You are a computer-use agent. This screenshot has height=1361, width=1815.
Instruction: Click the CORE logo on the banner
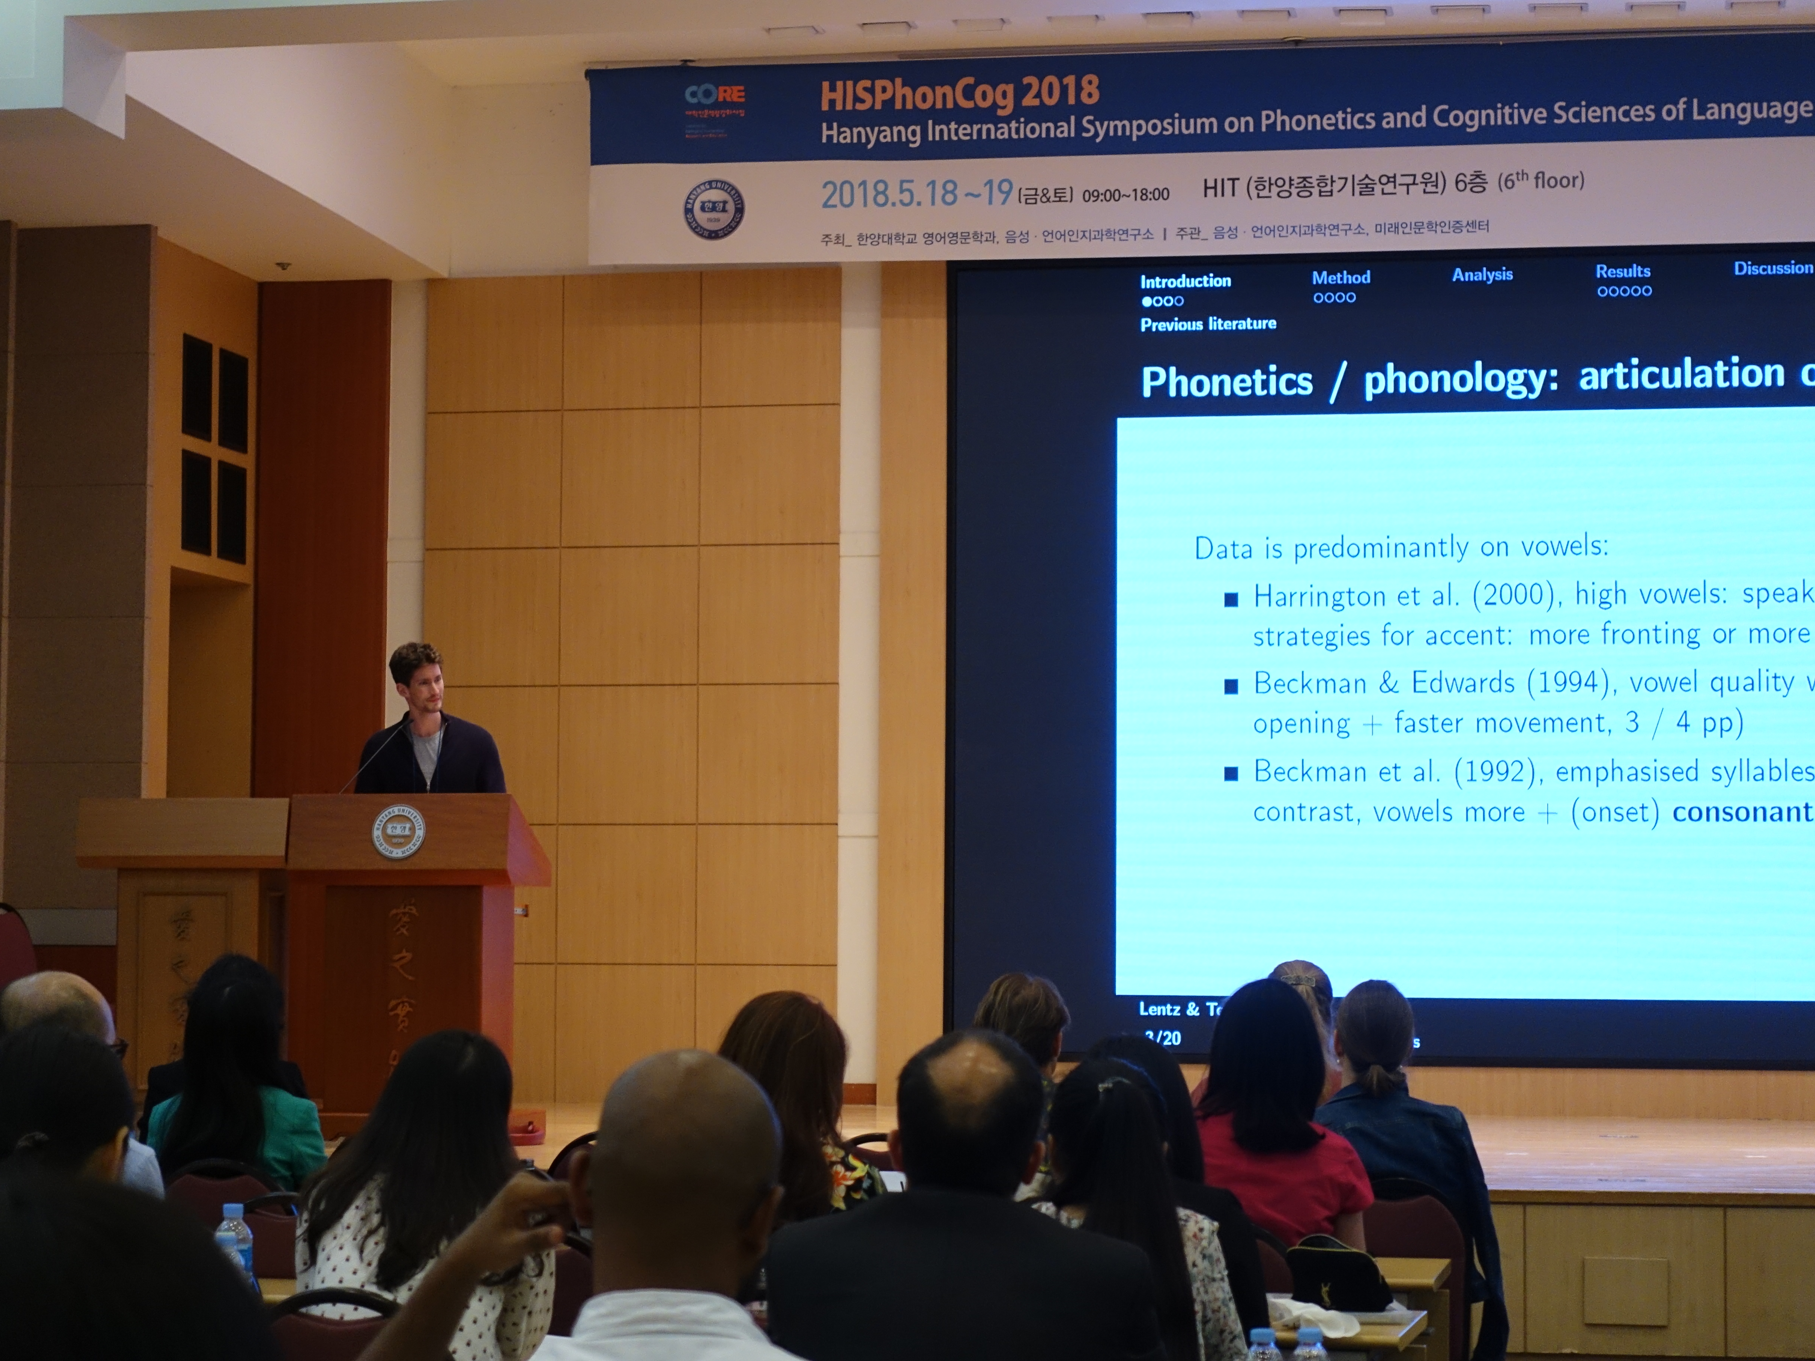[x=715, y=95]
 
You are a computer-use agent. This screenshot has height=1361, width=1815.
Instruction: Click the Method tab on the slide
[x=1341, y=277]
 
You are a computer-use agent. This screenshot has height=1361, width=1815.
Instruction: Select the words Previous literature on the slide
[x=1208, y=324]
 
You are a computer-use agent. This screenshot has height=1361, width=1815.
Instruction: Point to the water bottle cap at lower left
[x=232, y=1210]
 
